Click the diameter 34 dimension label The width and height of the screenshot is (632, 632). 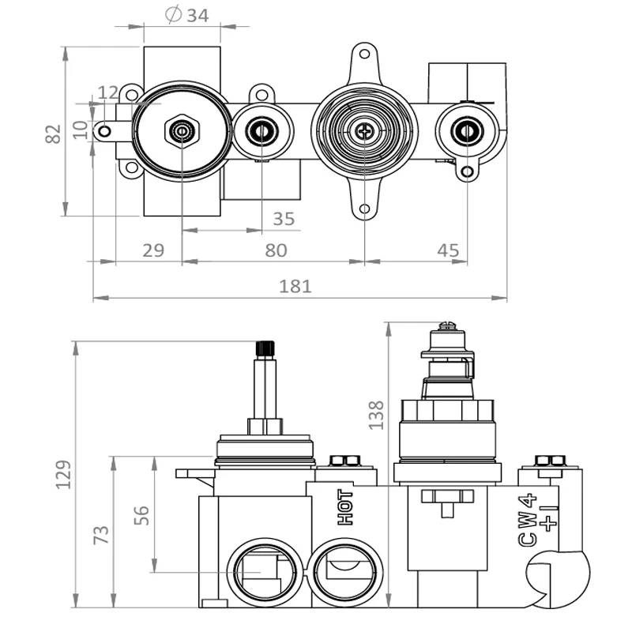coord(187,15)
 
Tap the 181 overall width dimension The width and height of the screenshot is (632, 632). coord(295,285)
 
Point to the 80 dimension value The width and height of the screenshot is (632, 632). coord(276,250)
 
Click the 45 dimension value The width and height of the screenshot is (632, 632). coord(447,250)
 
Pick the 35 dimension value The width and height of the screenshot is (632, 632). coord(283,218)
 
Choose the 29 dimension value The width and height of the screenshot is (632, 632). coord(153,250)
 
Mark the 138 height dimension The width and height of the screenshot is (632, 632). coord(377,414)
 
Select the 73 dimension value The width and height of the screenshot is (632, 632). coord(102,535)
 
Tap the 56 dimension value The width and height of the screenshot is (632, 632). coord(141,515)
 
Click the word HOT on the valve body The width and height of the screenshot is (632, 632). coord(345,507)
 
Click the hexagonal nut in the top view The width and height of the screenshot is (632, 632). coord(182,130)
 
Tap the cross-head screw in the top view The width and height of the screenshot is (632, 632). coord(364,131)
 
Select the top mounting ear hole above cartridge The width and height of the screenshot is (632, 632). coord(364,55)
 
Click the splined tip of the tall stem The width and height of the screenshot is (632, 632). coord(265,349)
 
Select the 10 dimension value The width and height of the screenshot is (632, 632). coord(79,129)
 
